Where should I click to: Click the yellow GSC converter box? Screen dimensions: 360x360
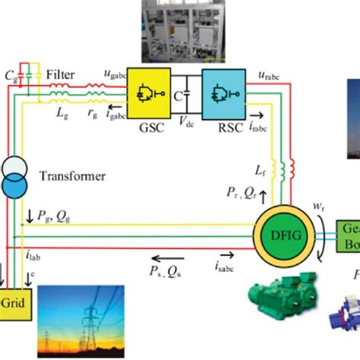coord(147,96)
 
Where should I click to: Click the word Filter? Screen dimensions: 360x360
coord(61,75)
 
